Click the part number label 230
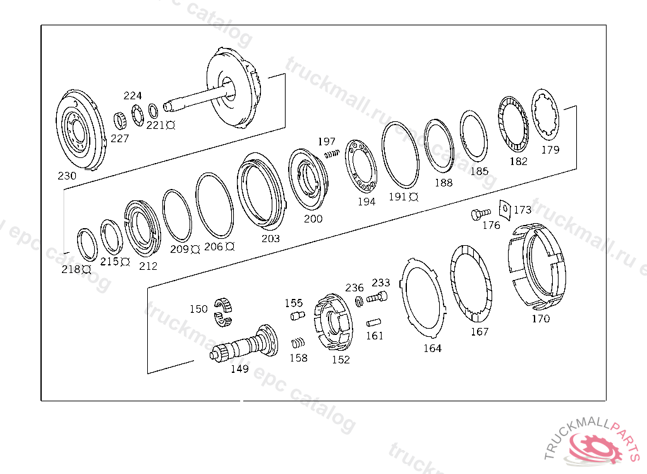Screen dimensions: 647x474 click(x=66, y=176)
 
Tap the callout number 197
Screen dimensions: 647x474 click(x=327, y=142)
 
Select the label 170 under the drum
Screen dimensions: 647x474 click(x=541, y=319)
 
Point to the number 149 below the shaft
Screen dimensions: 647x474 click(x=239, y=369)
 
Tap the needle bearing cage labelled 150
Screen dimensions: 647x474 click(x=223, y=312)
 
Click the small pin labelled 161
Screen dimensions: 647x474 click(x=373, y=322)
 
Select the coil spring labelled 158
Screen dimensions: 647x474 click(x=298, y=344)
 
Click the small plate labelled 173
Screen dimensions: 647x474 click(x=504, y=208)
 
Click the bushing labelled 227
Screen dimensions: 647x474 click(x=119, y=119)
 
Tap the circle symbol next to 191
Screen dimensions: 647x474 click(x=414, y=197)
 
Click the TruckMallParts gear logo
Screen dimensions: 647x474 click(x=596, y=448)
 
